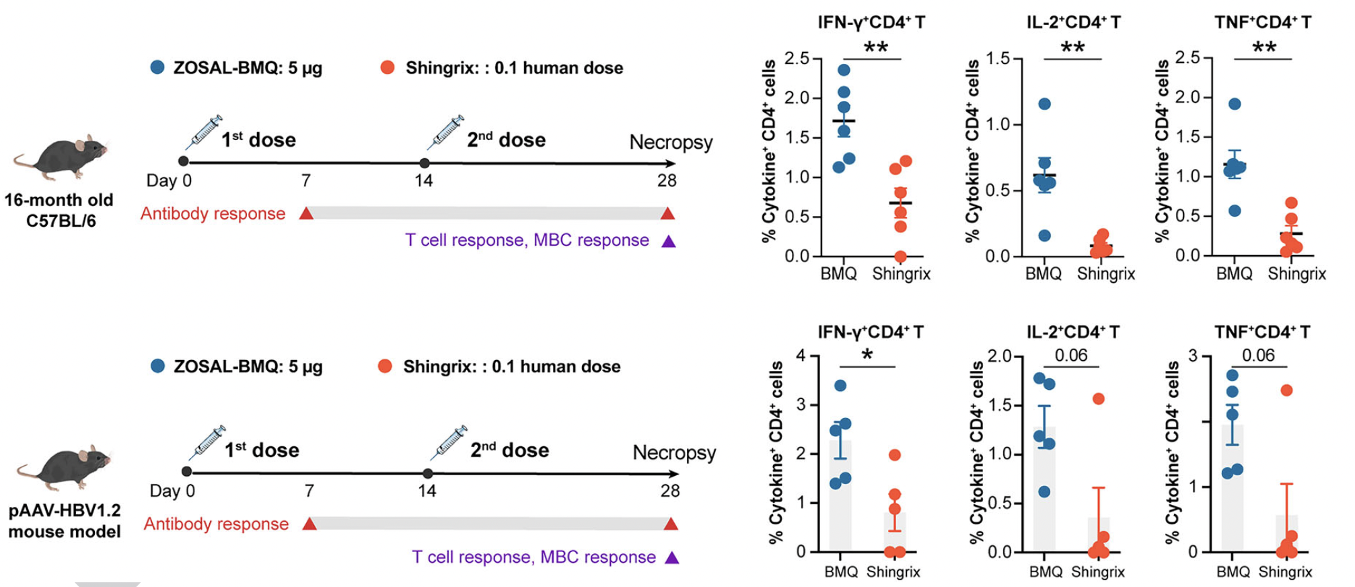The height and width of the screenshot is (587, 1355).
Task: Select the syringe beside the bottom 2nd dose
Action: click(x=449, y=443)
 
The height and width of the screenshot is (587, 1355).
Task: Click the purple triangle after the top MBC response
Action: click(x=668, y=241)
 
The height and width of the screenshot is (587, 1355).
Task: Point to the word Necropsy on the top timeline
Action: click(x=671, y=142)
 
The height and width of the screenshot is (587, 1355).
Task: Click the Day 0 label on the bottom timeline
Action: click(x=172, y=491)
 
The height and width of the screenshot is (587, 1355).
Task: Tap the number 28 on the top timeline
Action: click(x=667, y=180)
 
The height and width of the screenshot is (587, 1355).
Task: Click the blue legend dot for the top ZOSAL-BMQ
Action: click(x=157, y=67)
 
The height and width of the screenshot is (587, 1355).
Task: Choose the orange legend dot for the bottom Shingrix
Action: click(x=385, y=366)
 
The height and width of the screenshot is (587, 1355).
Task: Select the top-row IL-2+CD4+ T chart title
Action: click(x=1073, y=22)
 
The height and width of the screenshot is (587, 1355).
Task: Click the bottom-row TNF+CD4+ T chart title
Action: click(x=1261, y=332)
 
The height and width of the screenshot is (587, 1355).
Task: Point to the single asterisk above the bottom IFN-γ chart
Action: click(x=867, y=355)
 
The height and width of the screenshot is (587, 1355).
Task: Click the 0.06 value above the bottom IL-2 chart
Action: click(x=1070, y=355)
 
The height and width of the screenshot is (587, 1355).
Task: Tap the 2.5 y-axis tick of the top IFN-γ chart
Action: click(x=797, y=59)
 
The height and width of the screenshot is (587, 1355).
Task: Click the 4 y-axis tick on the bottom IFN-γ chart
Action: click(x=801, y=355)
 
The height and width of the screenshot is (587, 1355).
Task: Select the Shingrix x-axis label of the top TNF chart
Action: click(x=1296, y=274)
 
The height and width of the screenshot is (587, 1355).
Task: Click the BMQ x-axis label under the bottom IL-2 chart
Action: click(x=1046, y=572)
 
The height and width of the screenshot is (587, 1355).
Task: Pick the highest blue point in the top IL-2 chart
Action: click(x=1044, y=104)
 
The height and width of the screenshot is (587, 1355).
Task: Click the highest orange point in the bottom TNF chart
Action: click(x=1286, y=390)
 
